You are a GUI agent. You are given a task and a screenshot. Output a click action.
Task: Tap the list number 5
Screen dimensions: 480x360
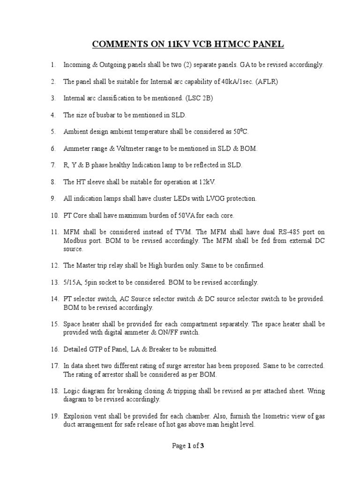(x=53, y=132)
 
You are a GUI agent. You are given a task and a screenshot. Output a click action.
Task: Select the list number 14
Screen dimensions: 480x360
(x=54, y=299)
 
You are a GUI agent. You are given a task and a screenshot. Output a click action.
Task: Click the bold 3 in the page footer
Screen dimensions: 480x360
(x=202, y=446)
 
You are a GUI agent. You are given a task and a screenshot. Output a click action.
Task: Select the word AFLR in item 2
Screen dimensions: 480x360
(x=258, y=82)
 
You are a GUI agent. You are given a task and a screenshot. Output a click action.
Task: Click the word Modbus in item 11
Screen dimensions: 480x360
(x=75, y=240)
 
